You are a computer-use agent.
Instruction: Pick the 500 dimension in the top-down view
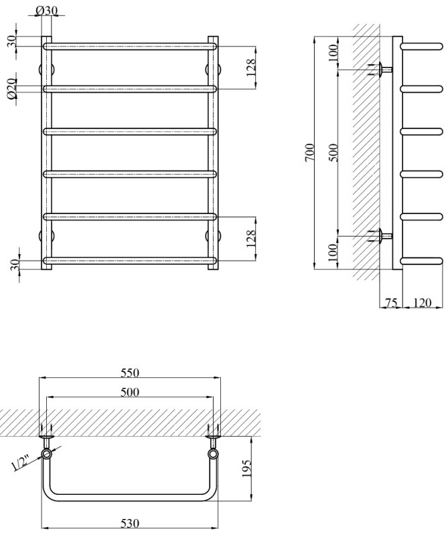coord(129,392)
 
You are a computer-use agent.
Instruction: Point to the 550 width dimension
coord(129,372)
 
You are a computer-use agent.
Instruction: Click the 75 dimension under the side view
coord(391,304)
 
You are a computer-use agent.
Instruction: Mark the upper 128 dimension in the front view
coord(251,68)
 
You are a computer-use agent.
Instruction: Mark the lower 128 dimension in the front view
coord(251,238)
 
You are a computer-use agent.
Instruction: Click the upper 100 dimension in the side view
coord(334,53)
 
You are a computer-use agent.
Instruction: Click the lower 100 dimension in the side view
coord(334,253)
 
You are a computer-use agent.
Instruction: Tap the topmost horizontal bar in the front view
coord(131,46)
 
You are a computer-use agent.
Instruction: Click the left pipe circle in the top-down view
coord(48,454)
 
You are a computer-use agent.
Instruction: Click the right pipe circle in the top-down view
coord(213,454)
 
